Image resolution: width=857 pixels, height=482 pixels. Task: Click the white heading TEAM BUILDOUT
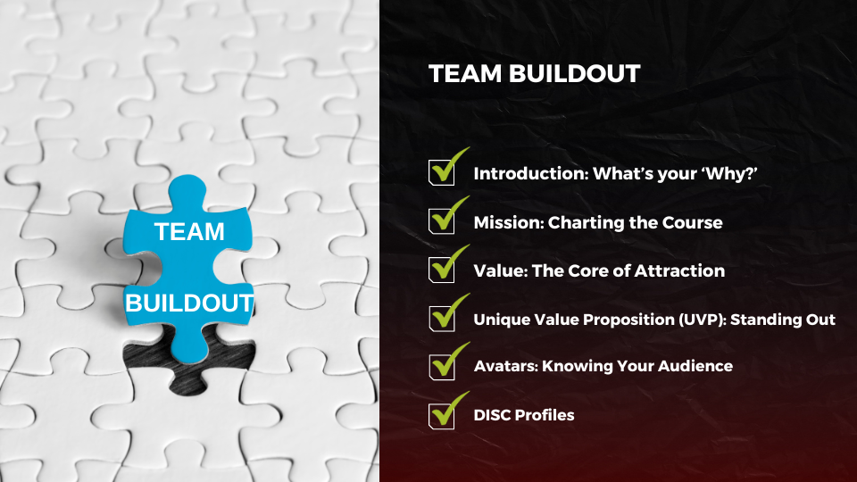pos(534,74)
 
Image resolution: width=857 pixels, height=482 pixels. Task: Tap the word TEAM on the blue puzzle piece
pos(189,232)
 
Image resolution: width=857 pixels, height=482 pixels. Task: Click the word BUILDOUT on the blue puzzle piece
pos(189,303)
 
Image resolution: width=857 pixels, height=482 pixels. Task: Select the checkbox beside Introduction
pos(442,172)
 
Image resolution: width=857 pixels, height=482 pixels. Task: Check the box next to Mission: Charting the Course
pos(442,221)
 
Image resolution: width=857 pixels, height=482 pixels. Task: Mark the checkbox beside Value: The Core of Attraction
pos(442,270)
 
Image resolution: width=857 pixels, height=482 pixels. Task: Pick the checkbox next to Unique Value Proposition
pos(442,319)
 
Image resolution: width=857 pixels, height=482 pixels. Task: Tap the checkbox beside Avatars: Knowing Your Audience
pos(442,367)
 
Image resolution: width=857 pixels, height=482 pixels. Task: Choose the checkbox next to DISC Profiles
pos(442,416)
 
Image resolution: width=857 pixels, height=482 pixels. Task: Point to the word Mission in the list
pos(508,222)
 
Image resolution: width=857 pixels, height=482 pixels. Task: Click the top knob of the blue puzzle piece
pos(187,191)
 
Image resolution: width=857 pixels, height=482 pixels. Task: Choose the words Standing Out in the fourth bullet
pos(783,320)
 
